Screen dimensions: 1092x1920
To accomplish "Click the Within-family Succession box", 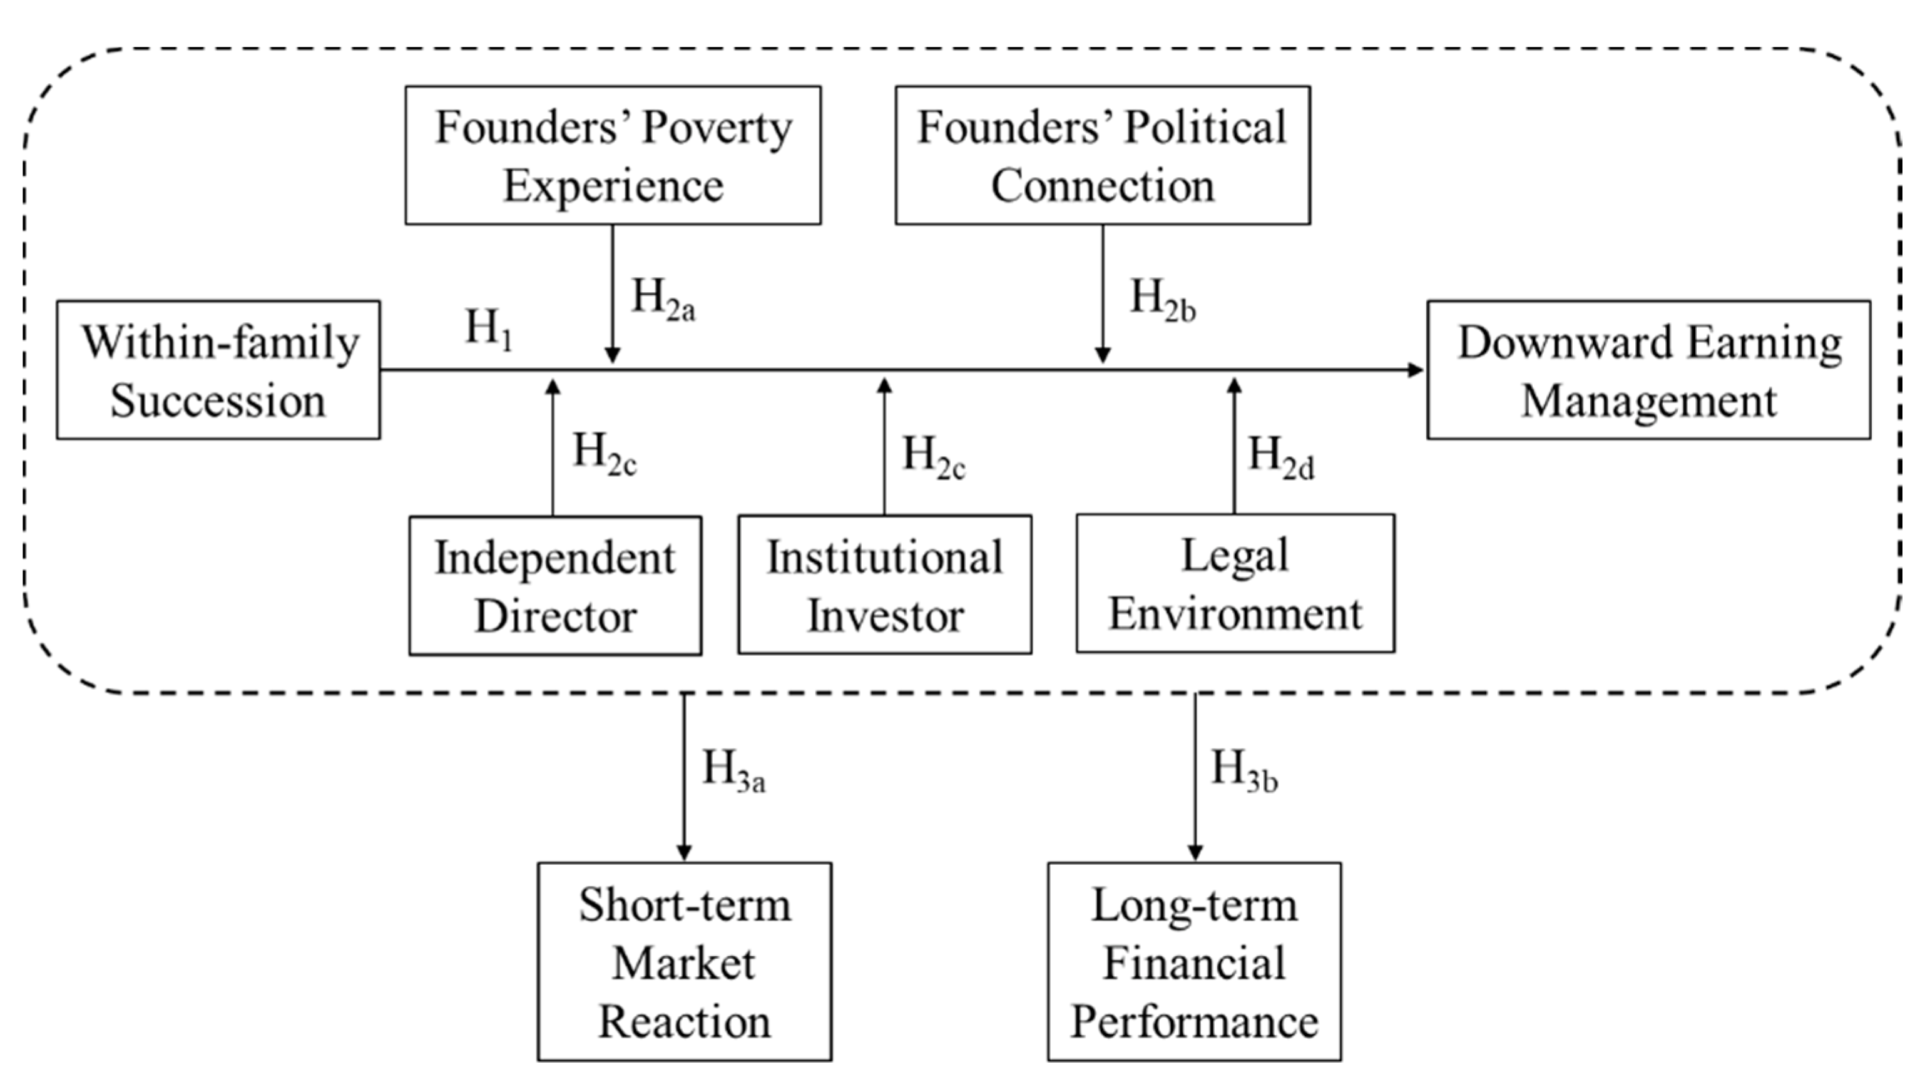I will pyautogui.click(x=218, y=370).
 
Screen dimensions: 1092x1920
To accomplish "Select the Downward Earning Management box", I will pyautogui.click(x=1648, y=370).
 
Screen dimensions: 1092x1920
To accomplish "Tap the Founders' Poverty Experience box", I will pyautogui.click(x=613, y=155).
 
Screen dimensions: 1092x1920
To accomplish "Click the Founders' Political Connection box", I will pyautogui.click(x=1103, y=155).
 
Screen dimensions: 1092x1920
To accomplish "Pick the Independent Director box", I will pyautogui.click(x=555, y=586).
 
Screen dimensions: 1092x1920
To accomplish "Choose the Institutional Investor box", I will pyautogui.click(x=884, y=585).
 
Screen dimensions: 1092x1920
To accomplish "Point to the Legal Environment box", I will pyautogui.click(x=1235, y=583).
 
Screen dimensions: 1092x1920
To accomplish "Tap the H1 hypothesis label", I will pyautogui.click(x=489, y=330).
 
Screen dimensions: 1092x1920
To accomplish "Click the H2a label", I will pyautogui.click(x=663, y=299).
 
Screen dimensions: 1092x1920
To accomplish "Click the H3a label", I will pyautogui.click(x=733, y=770).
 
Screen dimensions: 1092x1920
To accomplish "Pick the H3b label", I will pyautogui.click(x=1243, y=770).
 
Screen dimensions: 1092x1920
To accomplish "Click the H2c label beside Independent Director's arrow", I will pyautogui.click(x=605, y=454).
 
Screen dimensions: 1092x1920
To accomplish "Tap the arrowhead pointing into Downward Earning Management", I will pyautogui.click(x=1415, y=370).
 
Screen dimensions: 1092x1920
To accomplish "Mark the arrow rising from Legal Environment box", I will pyautogui.click(x=1235, y=450).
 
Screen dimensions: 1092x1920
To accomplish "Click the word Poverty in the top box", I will pyautogui.click(x=717, y=128).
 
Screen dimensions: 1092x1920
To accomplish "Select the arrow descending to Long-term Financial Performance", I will pyautogui.click(x=1195, y=780).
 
